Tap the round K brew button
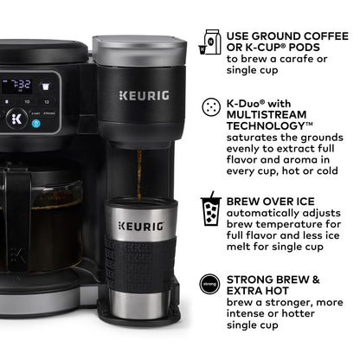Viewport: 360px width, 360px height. pos(15,118)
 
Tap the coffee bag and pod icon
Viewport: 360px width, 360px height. pos(209,41)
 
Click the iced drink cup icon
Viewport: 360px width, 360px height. pos(209,210)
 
